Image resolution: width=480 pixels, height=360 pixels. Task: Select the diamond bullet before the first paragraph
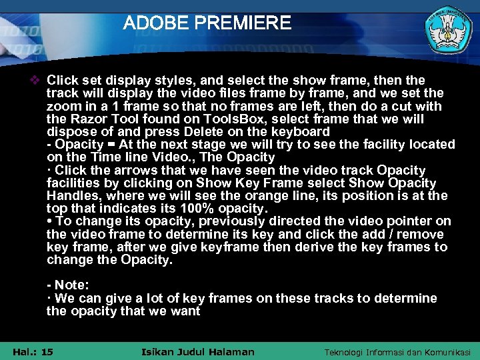(37, 81)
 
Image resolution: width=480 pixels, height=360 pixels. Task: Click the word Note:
(71, 285)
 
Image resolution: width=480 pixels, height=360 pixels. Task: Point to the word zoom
(62, 106)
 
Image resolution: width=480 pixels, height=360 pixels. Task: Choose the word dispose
(70, 131)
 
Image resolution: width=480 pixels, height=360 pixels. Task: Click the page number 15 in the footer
(47, 352)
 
